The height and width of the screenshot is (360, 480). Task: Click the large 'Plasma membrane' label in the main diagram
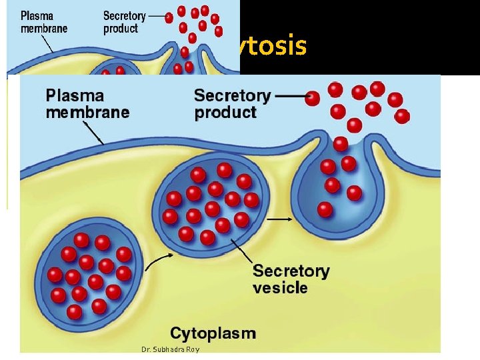(87, 103)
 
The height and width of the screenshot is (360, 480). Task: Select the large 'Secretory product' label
(233, 103)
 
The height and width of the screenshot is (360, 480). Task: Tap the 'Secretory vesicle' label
(291, 279)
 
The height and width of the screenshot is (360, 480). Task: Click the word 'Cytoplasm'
(213, 333)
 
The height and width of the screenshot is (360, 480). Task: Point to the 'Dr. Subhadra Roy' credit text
(170, 349)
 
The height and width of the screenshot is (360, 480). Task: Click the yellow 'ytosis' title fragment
(273, 47)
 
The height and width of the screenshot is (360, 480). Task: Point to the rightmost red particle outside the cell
(402, 116)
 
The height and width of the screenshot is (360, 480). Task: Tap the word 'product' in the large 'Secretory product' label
(225, 112)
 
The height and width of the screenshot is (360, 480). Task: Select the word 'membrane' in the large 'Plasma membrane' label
(87, 112)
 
